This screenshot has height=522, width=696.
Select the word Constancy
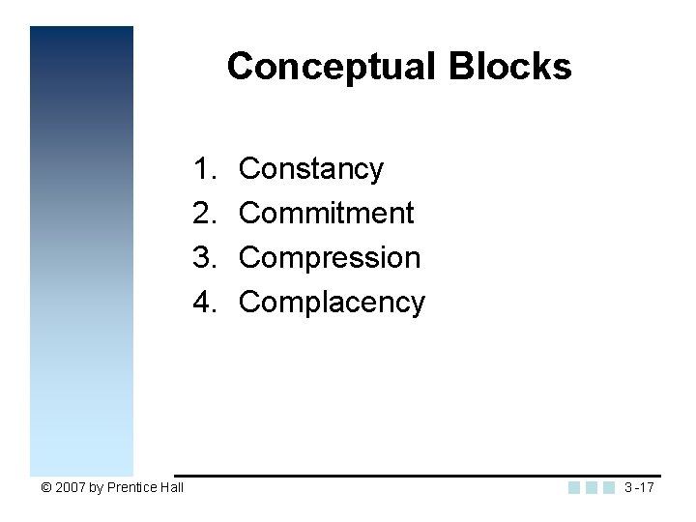click(310, 169)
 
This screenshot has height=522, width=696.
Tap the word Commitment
click(326, 213)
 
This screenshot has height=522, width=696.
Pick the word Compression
click(330, 258)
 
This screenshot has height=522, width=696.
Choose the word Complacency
click(332, 303)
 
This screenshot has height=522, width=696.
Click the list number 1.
click(203, 169)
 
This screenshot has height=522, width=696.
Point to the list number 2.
click(203, 213)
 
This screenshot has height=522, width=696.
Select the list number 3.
click(203, 258)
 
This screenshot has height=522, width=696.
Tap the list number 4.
click(203, 303)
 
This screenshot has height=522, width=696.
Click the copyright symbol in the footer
click(47, 488)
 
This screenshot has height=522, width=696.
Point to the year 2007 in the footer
click(71, 488)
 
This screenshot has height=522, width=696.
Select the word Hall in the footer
click(172, 488)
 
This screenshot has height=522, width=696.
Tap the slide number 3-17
click(639, 487)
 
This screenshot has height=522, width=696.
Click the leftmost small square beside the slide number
click(574, 487)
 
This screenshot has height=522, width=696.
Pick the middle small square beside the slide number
click(592, 487)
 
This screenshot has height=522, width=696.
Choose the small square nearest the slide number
click(608, 487)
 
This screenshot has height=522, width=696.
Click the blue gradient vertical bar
click(81, 251)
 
